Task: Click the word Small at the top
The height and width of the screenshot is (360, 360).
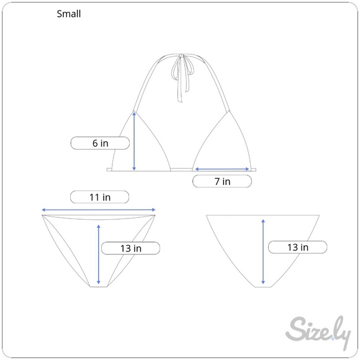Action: click(x=69, y=14)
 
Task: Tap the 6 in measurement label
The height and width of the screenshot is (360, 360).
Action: click(x=100, y=143)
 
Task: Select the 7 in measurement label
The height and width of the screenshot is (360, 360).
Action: click(x=222, y=181)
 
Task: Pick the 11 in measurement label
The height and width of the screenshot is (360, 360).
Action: click(x=100, y=197)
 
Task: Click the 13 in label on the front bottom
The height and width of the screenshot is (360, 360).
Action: click(x=130, y=248)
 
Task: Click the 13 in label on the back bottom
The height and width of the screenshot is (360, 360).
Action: click(x=297, y=247)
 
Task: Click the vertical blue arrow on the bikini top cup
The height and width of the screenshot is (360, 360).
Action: click(x=134, y=140)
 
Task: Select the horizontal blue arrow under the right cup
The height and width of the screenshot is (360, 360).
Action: click(x=222, y=169)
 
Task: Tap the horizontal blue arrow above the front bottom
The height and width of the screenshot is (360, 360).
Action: click(x=99, y=210)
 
